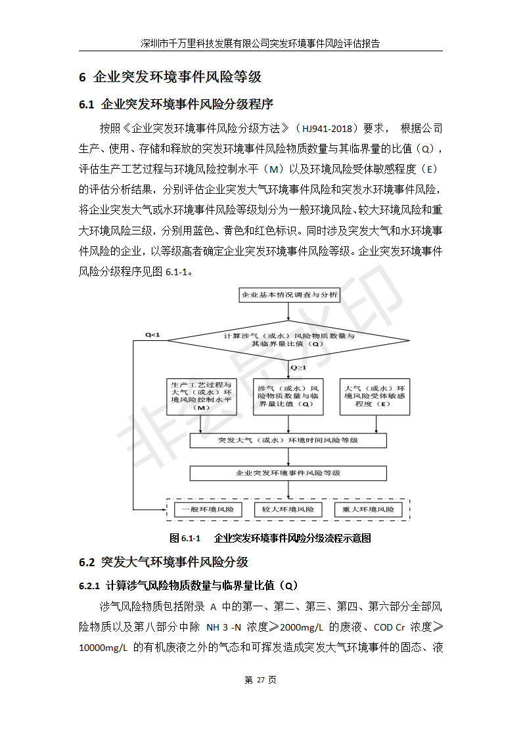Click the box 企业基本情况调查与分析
point(289,296)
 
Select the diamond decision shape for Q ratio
point(289,340)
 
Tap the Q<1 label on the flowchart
point(152,335)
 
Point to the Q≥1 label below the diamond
point(298,368)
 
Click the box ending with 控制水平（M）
point(201,396)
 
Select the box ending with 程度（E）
point(375,396)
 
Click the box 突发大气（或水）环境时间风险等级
point(288,440)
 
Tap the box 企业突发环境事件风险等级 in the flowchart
point(288,473)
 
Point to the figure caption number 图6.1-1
point(185,539)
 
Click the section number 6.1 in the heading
point(87,104)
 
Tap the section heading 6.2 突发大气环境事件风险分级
point(164,562)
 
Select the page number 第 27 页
point(260,680)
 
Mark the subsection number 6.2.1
point(89,585)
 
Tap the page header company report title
point(260,44)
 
